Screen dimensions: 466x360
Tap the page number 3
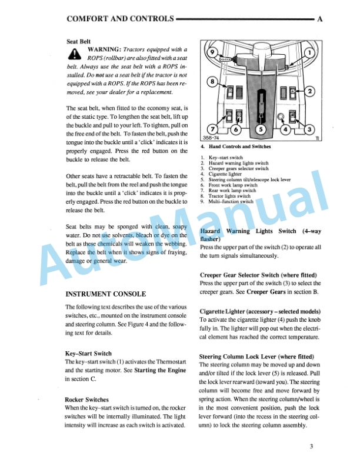coord(311,446)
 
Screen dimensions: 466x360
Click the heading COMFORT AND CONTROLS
coord(121,19)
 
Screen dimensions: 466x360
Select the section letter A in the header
coord(320,19)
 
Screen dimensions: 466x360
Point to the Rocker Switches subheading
coord(86,400)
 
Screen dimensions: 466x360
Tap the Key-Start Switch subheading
coord(89,354)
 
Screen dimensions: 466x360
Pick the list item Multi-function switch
coord(229,201)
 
